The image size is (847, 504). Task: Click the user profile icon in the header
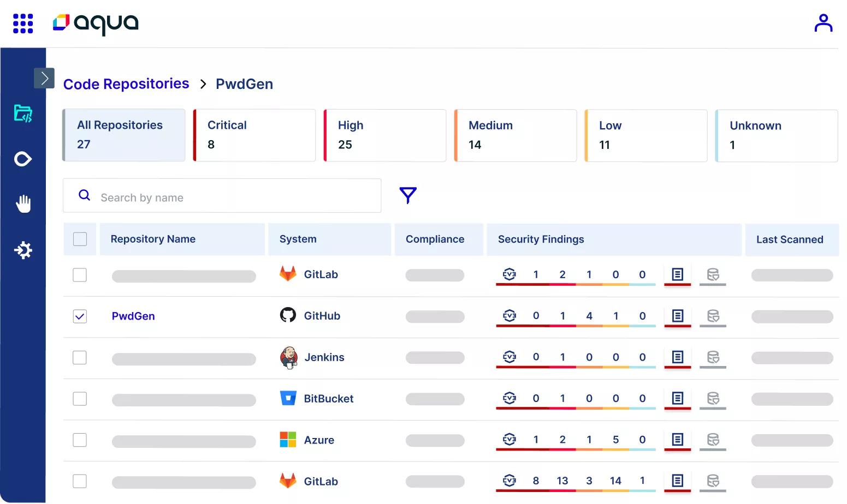[823, 23]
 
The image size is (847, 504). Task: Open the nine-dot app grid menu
[23, 23]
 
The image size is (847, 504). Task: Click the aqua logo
[96, 23]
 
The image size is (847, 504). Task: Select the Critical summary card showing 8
[254, 135]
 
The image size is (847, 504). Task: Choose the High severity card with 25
[385, 135]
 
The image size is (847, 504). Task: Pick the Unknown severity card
[776, 136]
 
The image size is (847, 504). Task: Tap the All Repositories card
[124, 135]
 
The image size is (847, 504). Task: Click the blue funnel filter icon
[408, 195]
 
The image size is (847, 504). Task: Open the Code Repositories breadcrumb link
[126, 84]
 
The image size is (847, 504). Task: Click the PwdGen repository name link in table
[133, 316]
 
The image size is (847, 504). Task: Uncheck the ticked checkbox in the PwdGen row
[80, 316]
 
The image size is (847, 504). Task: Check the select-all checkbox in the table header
[80, 239]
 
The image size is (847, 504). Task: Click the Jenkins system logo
[288, 358]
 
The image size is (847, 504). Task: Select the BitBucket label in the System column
[328, 399]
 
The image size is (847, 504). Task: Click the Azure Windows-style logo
[288, 440]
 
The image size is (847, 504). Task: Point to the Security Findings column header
[541, 239]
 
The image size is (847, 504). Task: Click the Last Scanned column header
[789, 239]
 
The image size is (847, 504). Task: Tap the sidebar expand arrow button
[44, 79]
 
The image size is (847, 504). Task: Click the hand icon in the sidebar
[23, 204]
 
